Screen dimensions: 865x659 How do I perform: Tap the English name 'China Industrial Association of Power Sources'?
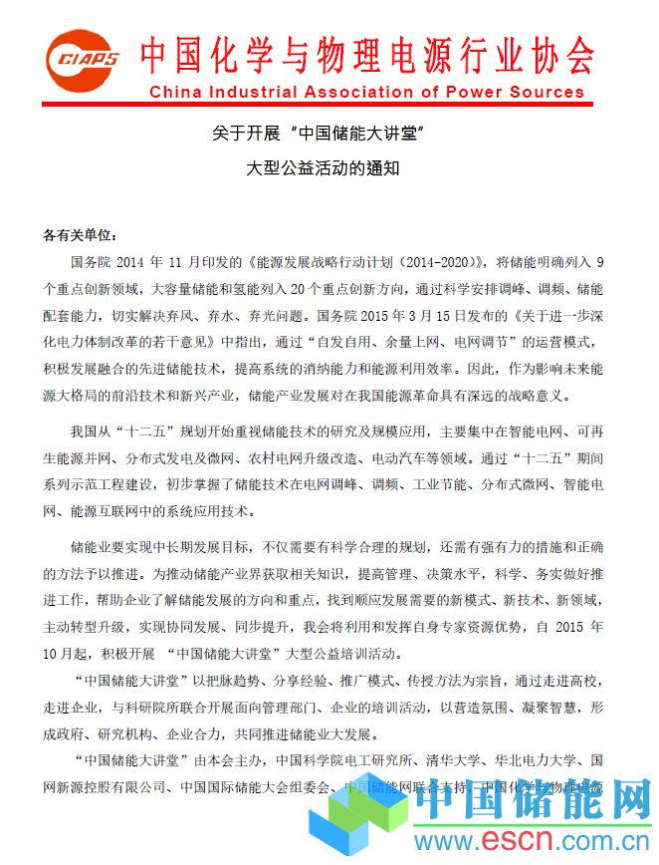click(370, 93)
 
